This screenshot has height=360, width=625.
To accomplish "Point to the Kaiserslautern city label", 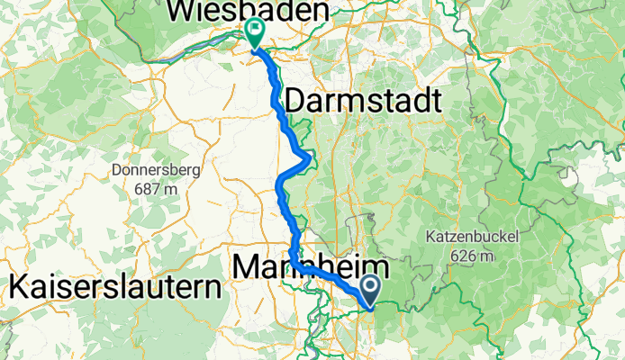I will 115,289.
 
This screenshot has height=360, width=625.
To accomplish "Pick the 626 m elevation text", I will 466,256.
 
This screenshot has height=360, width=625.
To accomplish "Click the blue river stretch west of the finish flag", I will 194,56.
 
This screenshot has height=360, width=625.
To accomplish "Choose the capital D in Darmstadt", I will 295,101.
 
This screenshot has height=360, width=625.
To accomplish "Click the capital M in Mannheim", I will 245,267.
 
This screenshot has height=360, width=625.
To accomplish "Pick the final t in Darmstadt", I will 436,101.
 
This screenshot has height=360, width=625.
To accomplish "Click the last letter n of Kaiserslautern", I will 213,289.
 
